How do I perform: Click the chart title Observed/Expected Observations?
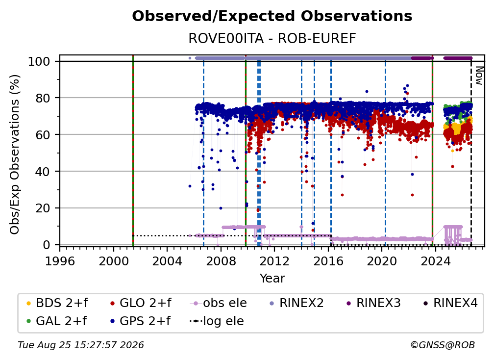point(272,16)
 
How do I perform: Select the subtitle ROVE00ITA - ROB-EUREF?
point(272,38)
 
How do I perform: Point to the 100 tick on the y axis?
point(39,61)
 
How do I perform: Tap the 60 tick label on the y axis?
point(43,134)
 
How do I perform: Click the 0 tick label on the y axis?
point(46,245)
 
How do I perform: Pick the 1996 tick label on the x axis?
point(60,261)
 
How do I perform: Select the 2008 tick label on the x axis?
point(221,261)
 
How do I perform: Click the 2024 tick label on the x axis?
point(435,261)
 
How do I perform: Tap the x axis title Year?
point(272,279)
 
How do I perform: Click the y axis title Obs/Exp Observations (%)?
point(15,154)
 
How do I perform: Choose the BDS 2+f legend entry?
point(57,303)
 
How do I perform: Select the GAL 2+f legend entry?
point(56,321)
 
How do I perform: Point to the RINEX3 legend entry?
point(373,303)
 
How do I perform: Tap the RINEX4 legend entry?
point(450,303)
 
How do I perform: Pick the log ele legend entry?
point(217,321)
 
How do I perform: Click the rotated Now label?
point(479,76)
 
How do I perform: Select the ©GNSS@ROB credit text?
point(443,345)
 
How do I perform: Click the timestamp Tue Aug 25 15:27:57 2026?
point(81,345)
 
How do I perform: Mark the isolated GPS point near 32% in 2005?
point(190,186)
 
